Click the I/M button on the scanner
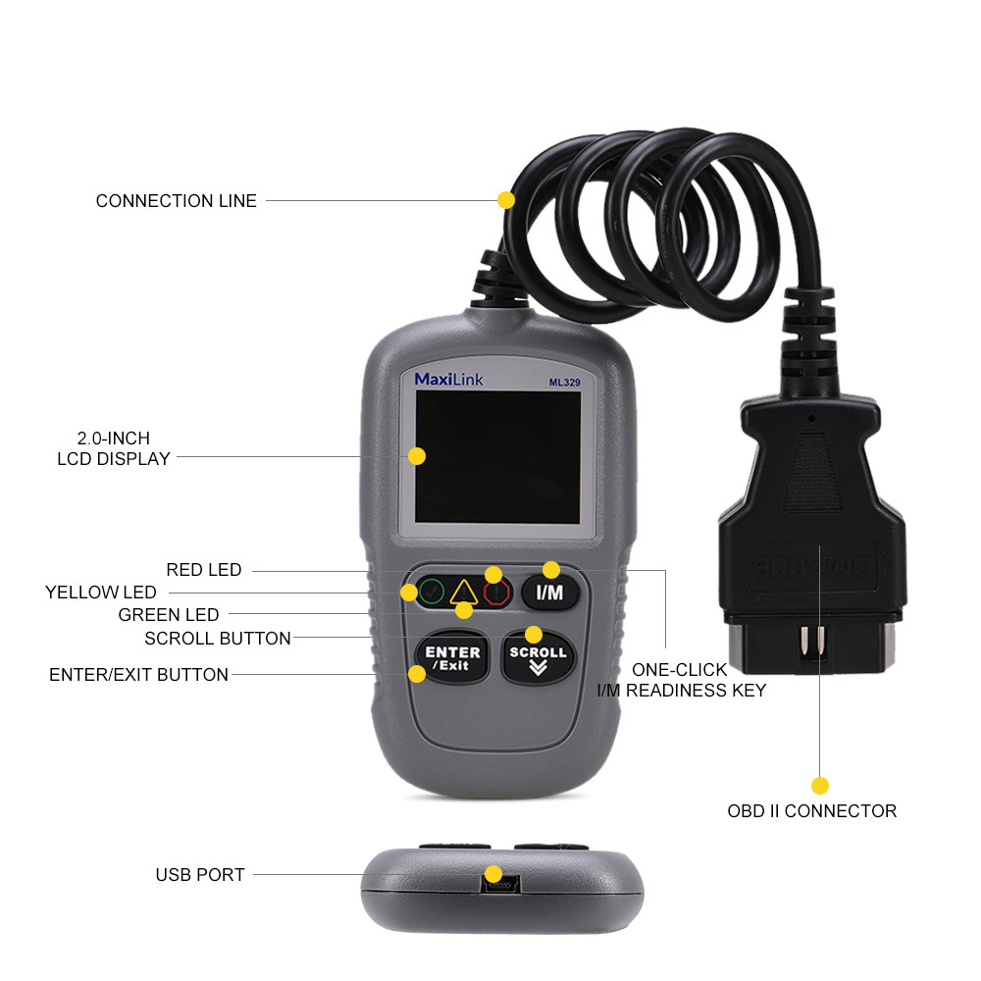pos(550,593)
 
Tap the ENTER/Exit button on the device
pos(452,658)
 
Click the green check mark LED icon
pos(430,593)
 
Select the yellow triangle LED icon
pos(463,592)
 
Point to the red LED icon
pos(497,593)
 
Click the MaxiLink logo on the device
pos(448,379)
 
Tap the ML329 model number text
pos(565,383)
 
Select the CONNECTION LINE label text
pos(177,201)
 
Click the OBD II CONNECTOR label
pos(811,811)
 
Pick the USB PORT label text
pos(200,874)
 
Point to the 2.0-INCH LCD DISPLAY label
pos(113,448)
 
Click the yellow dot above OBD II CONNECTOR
pos(820,785)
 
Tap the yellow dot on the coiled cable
pos(506,199)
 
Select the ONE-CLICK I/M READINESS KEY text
pos(681,680)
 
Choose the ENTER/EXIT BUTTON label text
pos(138,675)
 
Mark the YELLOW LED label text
pos(100,593)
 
